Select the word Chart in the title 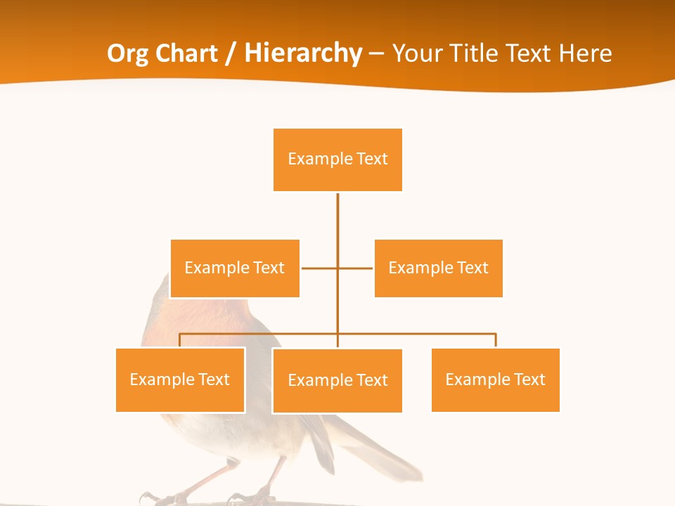(x=185, y=53)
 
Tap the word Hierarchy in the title (x=303, y=53)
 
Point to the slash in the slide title (x=231, y=53)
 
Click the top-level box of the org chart (x=337, y=160)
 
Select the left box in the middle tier (x=235, y=268)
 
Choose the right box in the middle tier (x=439, y=268)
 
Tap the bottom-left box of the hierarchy (x=180, y=379)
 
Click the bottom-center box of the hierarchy (x=337, y=380)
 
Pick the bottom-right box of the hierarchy (x=496, y=379)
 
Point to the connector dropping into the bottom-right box (x=496, y=340)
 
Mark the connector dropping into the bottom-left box (x=180, y=340)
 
